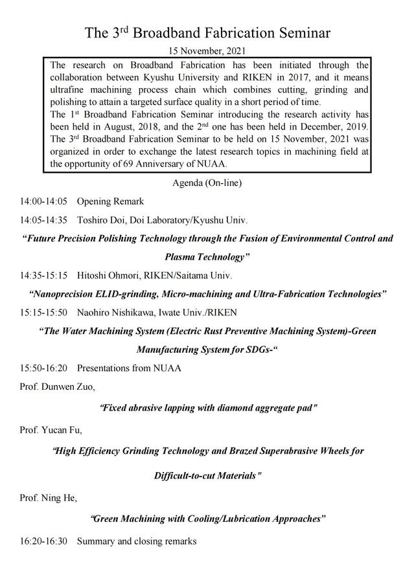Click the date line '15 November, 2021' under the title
pos(207,50)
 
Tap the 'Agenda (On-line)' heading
pos(207,183)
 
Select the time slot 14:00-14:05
pos(43,202)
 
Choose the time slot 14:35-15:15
pos(43,275)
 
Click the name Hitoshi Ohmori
pos(106,275)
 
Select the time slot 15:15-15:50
pos(43,312)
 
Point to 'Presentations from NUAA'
pos(129,368)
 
